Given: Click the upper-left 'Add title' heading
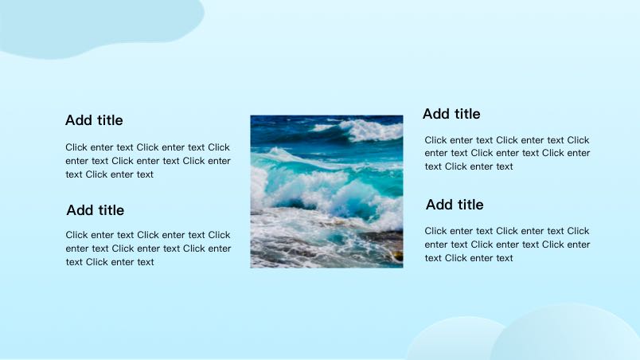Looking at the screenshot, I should [x=94, y=120].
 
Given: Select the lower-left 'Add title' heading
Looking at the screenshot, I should [x=95, y=210].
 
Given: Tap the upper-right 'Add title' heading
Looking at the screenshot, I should [x=451, y=114].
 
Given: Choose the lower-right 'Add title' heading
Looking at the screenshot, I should [x=455, y=205].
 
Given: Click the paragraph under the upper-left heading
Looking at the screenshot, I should [x=148, y=161].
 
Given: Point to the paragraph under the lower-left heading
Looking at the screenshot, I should [x=148, y=248].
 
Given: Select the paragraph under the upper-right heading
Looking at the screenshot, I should [x=507, y=153].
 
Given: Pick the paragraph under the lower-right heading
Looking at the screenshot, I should [x=507, y=245].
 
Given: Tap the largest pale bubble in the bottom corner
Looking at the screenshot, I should [x=565, y=335].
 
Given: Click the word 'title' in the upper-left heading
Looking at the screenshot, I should [x=110, y=120].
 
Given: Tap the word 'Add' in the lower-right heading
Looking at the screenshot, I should [x=439, y=205].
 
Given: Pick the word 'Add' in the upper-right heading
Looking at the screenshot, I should [x=435, y=114].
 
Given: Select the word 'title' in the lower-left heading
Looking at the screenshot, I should [x=111, y=210].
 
